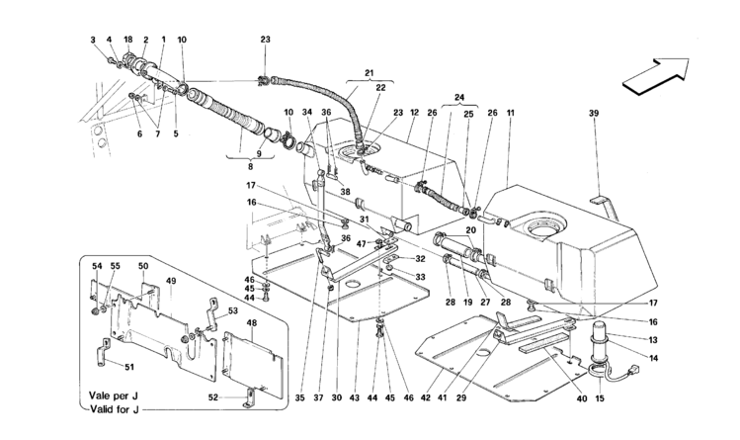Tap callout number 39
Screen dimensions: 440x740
595,114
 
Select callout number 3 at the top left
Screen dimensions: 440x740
96,39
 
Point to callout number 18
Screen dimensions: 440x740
128,39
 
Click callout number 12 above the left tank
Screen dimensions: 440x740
415,114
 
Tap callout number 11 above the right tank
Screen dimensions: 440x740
511,114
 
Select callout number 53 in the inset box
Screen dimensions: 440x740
234,311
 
